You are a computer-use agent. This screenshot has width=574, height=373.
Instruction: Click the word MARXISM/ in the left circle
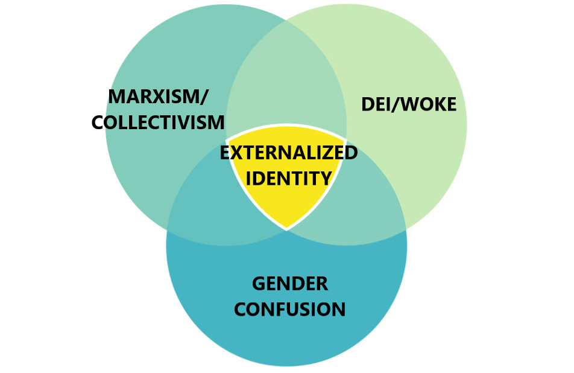click(x=159, y=97)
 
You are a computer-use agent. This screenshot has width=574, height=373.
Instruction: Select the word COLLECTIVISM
click(x=159, y=123)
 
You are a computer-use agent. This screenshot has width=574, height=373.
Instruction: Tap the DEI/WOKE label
click(x=409, y=104)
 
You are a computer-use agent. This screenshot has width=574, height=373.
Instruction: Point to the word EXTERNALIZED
click(x=288, y=153)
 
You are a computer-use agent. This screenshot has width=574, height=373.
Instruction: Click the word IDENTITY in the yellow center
click(x=289, y=179)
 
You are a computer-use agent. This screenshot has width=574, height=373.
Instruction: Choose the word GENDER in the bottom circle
click(x=290, y=283)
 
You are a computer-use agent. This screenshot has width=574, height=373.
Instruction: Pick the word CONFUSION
click(x=290, y=310)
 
